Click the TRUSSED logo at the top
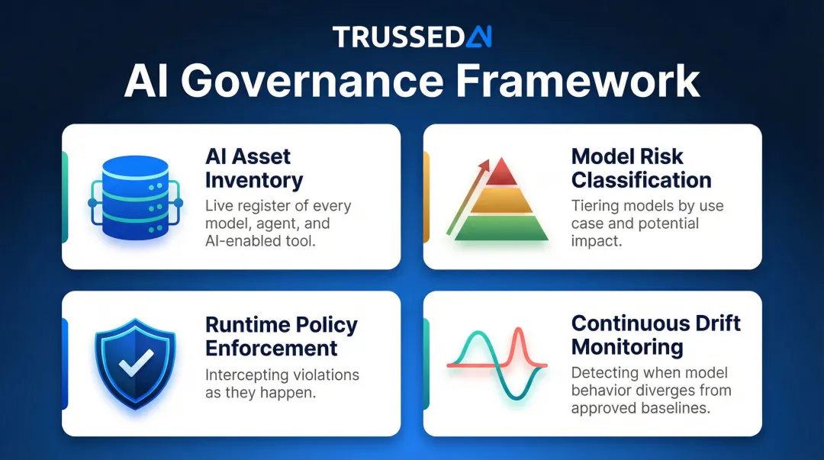coord(412,37)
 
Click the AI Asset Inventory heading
coord(254,169)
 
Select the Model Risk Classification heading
coord(641,169)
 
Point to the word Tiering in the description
coord(594,206)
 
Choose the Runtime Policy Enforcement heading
coord(281,336)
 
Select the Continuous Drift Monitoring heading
coord(655,335)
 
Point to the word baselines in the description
coord(676,407)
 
